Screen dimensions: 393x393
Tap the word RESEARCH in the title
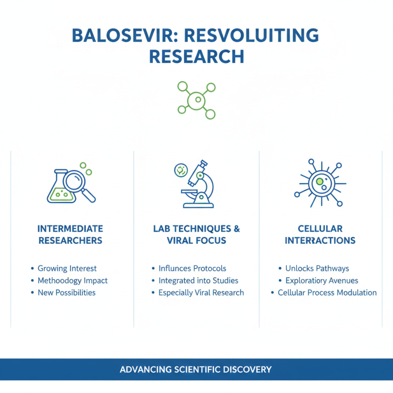click(196, 56)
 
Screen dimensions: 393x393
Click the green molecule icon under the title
click(196, 100)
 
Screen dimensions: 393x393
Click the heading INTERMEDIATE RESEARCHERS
click(70, 234)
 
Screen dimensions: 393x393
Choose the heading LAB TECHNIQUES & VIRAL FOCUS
click(196, 234)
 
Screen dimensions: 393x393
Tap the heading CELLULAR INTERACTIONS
click(320, 234)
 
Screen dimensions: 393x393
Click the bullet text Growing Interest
click(67, 269)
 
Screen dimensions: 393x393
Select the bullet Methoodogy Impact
click(72, 281)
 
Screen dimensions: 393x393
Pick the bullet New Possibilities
click(66, 292)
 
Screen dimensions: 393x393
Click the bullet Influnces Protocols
click(192, 269)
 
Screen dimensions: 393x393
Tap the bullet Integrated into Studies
click(198, 281)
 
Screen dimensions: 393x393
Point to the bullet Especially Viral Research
click(201, 292)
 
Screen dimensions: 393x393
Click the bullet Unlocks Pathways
click(317, 269)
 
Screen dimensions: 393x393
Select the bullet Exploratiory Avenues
click(321, 281)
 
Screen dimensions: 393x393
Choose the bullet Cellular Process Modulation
click(327, 292)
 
